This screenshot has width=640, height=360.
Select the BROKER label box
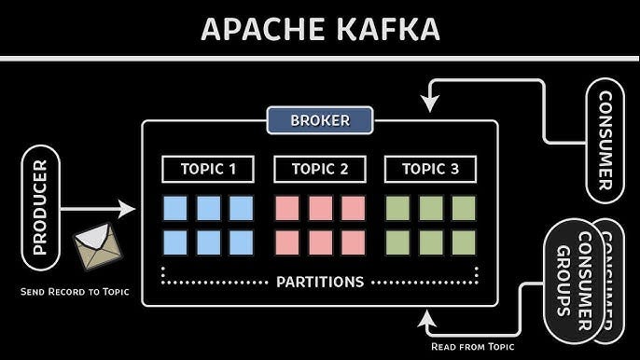tap(320, 120)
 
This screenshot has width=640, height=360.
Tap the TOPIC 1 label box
tap(208, 169)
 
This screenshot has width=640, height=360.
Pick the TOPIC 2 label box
tap(320, 169)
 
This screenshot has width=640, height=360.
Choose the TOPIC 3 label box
tap(430, 169)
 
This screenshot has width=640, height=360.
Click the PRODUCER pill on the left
tap(39, 207)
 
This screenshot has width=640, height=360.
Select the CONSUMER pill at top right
tap(605, 140)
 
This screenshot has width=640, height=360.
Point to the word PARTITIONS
tap(320, 282)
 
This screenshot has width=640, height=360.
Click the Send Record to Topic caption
tap(75, 292)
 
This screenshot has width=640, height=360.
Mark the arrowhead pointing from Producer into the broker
tap(129, 208)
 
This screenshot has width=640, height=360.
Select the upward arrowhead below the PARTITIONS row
tap(428, 319)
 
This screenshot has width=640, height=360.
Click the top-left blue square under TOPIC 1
tap(175, 208)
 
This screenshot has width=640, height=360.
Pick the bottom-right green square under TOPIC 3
tap(464, 242)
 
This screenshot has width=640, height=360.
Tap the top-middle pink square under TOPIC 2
tap(320, 208)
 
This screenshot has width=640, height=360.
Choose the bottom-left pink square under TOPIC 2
tap(287, 242)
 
